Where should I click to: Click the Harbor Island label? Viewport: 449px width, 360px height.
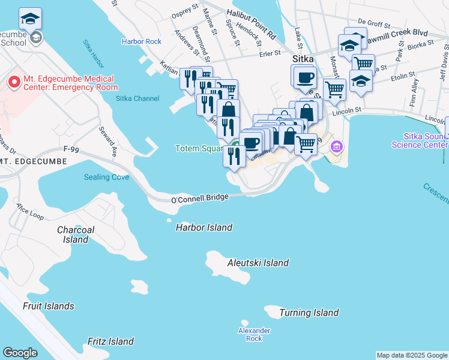[x=203, y=227]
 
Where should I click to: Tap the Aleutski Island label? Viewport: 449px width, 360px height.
[x=258, y=263]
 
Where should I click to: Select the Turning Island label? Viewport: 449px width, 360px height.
[x=309, y=313]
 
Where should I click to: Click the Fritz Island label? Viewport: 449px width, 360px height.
[x=110, y=341]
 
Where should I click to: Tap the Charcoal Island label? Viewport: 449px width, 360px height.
[x=76, y=235]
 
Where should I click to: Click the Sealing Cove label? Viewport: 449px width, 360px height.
[x=106, y=177]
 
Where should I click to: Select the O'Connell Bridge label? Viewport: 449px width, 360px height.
[x=200, y=199]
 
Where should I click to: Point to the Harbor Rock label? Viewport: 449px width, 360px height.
[x=142, y=41]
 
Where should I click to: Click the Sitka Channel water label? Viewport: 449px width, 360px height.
[x=137, y=98]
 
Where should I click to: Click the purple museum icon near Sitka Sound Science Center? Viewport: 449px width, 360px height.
[x=336, y=146]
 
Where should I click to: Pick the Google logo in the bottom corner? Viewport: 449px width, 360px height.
[x=20, y=353]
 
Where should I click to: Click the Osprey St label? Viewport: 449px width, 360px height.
[x=185, y=10]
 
